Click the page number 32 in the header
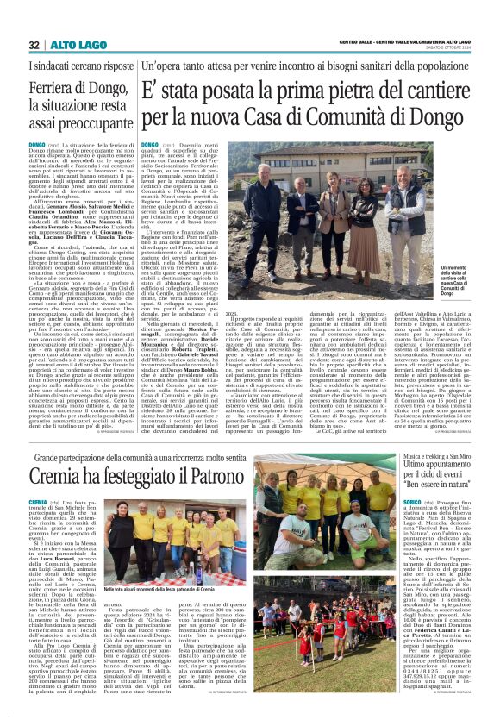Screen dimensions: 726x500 tap(34, 45)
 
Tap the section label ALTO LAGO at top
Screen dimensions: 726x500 tap(69, 45)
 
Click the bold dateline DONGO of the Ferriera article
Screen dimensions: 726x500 tap(37, 145)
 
